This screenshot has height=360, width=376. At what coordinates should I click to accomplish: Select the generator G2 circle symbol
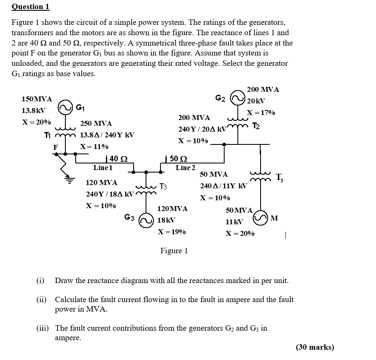238,98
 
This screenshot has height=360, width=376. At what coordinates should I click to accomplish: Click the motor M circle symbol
261,218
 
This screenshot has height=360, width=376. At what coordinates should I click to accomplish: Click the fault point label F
55,147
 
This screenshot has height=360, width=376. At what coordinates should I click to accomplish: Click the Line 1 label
103,168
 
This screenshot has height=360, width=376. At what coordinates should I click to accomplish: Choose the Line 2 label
185,168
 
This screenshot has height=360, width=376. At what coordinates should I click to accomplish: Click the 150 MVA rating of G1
37,99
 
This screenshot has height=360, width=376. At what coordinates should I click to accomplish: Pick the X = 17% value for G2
261,113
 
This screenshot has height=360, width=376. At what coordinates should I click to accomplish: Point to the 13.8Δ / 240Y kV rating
107,135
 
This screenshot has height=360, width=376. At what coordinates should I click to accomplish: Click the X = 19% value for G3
172,232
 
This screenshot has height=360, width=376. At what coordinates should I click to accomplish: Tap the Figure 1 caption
174,251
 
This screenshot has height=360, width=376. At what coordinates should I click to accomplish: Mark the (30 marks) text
315,347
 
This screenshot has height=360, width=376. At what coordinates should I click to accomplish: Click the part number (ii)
41,299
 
